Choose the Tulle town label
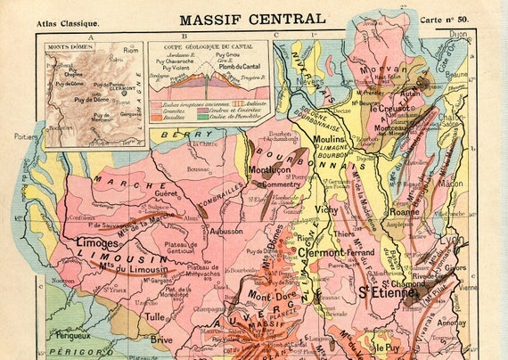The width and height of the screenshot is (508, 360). click(x=156, y=316)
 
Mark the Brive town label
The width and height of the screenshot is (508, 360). click(x=161, y=340)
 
